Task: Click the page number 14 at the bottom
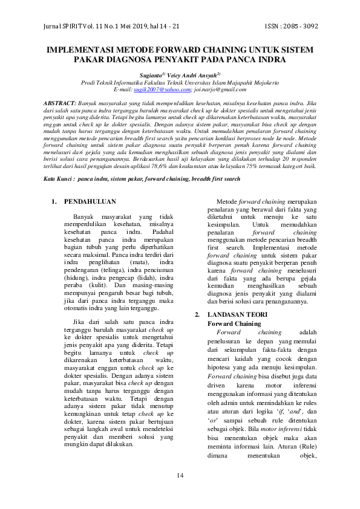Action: [180, 476]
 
